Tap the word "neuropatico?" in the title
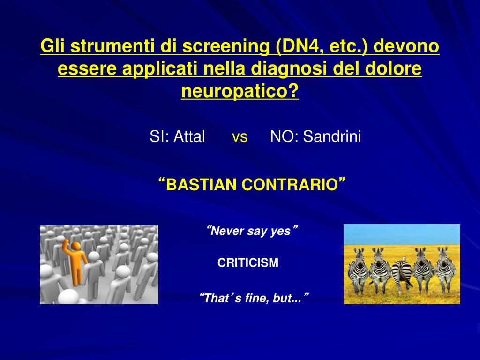(240, 91)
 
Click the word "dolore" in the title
(395, 69)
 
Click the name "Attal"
(189, 137)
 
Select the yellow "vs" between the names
(240, 137)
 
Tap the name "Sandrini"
(332, 137)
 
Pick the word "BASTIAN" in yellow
(202, 185)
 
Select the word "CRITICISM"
(248, 263)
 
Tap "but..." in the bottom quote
(285, 298)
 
